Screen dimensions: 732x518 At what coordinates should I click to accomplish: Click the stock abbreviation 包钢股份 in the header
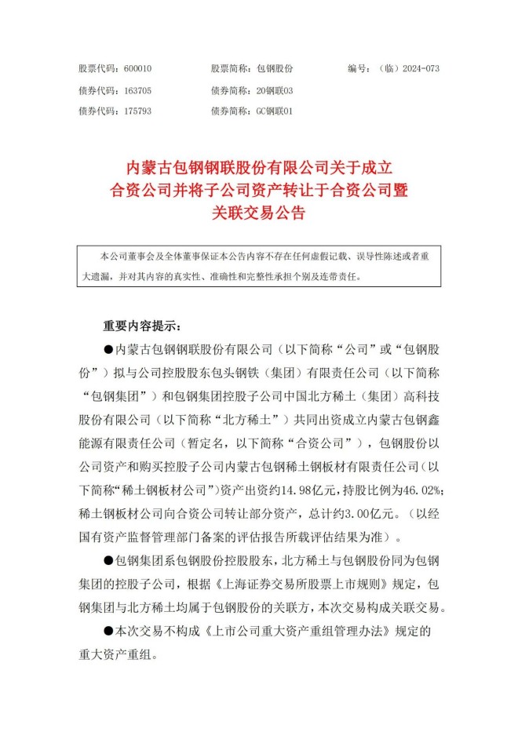tap(274, 69)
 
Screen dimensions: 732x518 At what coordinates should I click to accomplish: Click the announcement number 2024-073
tap(421, 69)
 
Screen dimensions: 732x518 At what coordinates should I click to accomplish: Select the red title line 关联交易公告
tap(258, 213)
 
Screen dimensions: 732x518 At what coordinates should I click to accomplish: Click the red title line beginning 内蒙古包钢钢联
tap(259, 166)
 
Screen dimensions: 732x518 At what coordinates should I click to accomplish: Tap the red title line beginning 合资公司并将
tap(259, 189)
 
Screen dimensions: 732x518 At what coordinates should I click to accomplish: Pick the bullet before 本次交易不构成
tap(108, 630)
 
